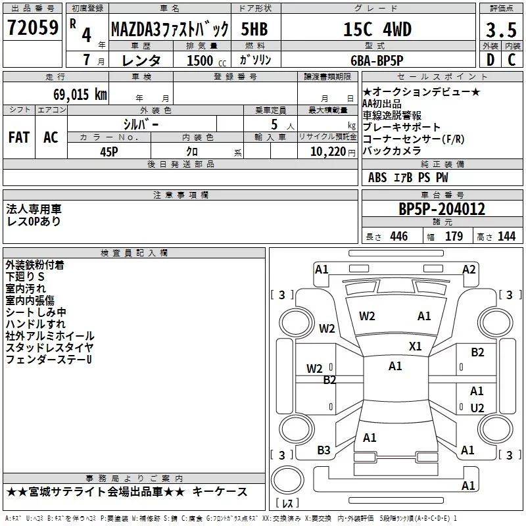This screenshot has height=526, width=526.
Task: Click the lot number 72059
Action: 32,28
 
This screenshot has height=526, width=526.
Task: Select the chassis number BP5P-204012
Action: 442,209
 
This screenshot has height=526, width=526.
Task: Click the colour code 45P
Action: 110,151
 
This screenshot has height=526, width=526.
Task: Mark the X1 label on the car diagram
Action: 416,346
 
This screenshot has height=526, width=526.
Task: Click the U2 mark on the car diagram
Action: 477,408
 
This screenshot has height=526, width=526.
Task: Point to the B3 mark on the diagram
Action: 324,450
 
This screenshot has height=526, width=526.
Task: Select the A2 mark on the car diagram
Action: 469,269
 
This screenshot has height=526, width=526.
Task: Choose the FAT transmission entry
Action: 19,137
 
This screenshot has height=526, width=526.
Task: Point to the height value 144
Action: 506,237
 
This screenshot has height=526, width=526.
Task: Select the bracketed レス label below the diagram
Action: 287,505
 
